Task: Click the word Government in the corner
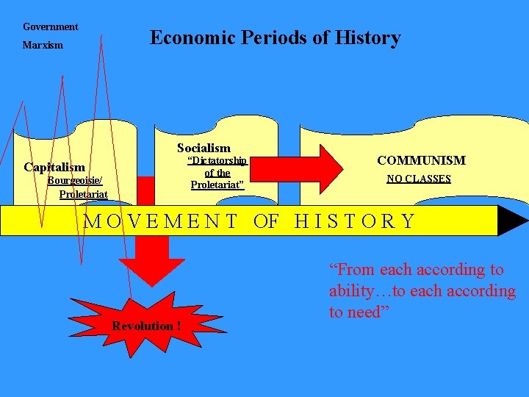pyautogui.click(x=50, y=26)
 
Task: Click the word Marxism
pyautogui.click(x=43, y=46)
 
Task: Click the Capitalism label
pyautogui.click(x=54, y=167)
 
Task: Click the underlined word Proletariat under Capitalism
pyautogui.click(x=83, y=194)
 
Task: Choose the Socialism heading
pyautogui.click(x=204, y=148)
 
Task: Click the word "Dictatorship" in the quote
pyautogui.click(x=217, y=161)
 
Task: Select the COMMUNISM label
pyautogui.click(x=421, y=160)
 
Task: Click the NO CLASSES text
pyautogui.click(x=419, y=179)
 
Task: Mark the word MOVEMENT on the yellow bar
pyautogui.click(x=161, y=221)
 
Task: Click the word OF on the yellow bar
pyautogui.click(x=266, y=221)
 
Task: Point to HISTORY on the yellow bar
pyautogui.click(x=355, y=221)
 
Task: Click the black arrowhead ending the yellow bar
pyautogui.click(x=512, y=221)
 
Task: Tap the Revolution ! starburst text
pyautogui.click(x=147, y=326)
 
